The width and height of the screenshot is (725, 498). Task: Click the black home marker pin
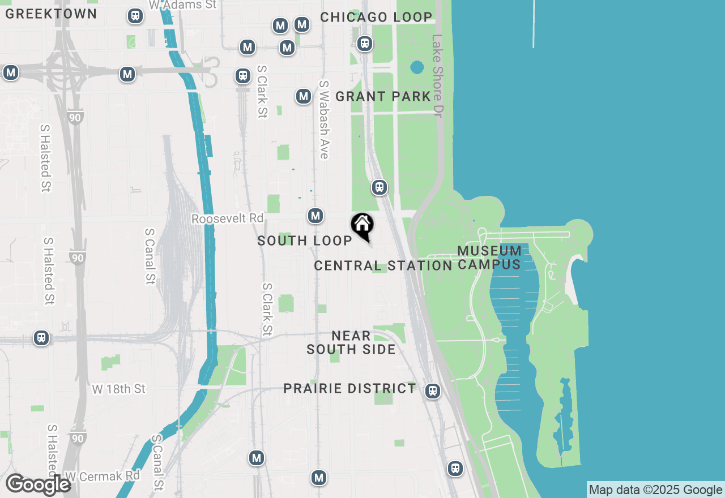tap(362, 226)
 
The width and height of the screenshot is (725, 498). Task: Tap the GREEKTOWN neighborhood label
tap(51, 14)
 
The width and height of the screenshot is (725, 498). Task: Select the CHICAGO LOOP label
tap(376, 18)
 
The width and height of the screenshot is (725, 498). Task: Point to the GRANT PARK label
tap(383, 97)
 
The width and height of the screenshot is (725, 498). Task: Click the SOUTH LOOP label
tap(305, 241)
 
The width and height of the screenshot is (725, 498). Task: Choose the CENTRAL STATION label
tap(383, 266)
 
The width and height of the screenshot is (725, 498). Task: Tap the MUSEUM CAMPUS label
tap(489, 257)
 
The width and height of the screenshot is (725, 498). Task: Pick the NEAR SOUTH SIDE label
tap(351, 343)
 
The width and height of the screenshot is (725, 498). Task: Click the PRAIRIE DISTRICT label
tap(349, 389)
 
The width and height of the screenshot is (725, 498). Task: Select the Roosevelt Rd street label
tap(228, 218)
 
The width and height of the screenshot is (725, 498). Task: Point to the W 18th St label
tap(119, 389)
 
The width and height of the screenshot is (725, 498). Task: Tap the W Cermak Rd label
tap(103, 476)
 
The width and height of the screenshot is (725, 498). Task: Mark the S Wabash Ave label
tap(324, 119)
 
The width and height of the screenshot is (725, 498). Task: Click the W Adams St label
tap(182, 5)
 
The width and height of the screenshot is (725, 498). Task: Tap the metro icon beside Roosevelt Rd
tap(315, 216)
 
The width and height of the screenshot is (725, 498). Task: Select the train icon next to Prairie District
tap(433, 390)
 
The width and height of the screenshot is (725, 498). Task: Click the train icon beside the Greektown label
tap(135, 16)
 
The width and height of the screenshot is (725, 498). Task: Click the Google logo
tap(38, 484)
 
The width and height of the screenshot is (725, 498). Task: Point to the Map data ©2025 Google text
tap(655, 490)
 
